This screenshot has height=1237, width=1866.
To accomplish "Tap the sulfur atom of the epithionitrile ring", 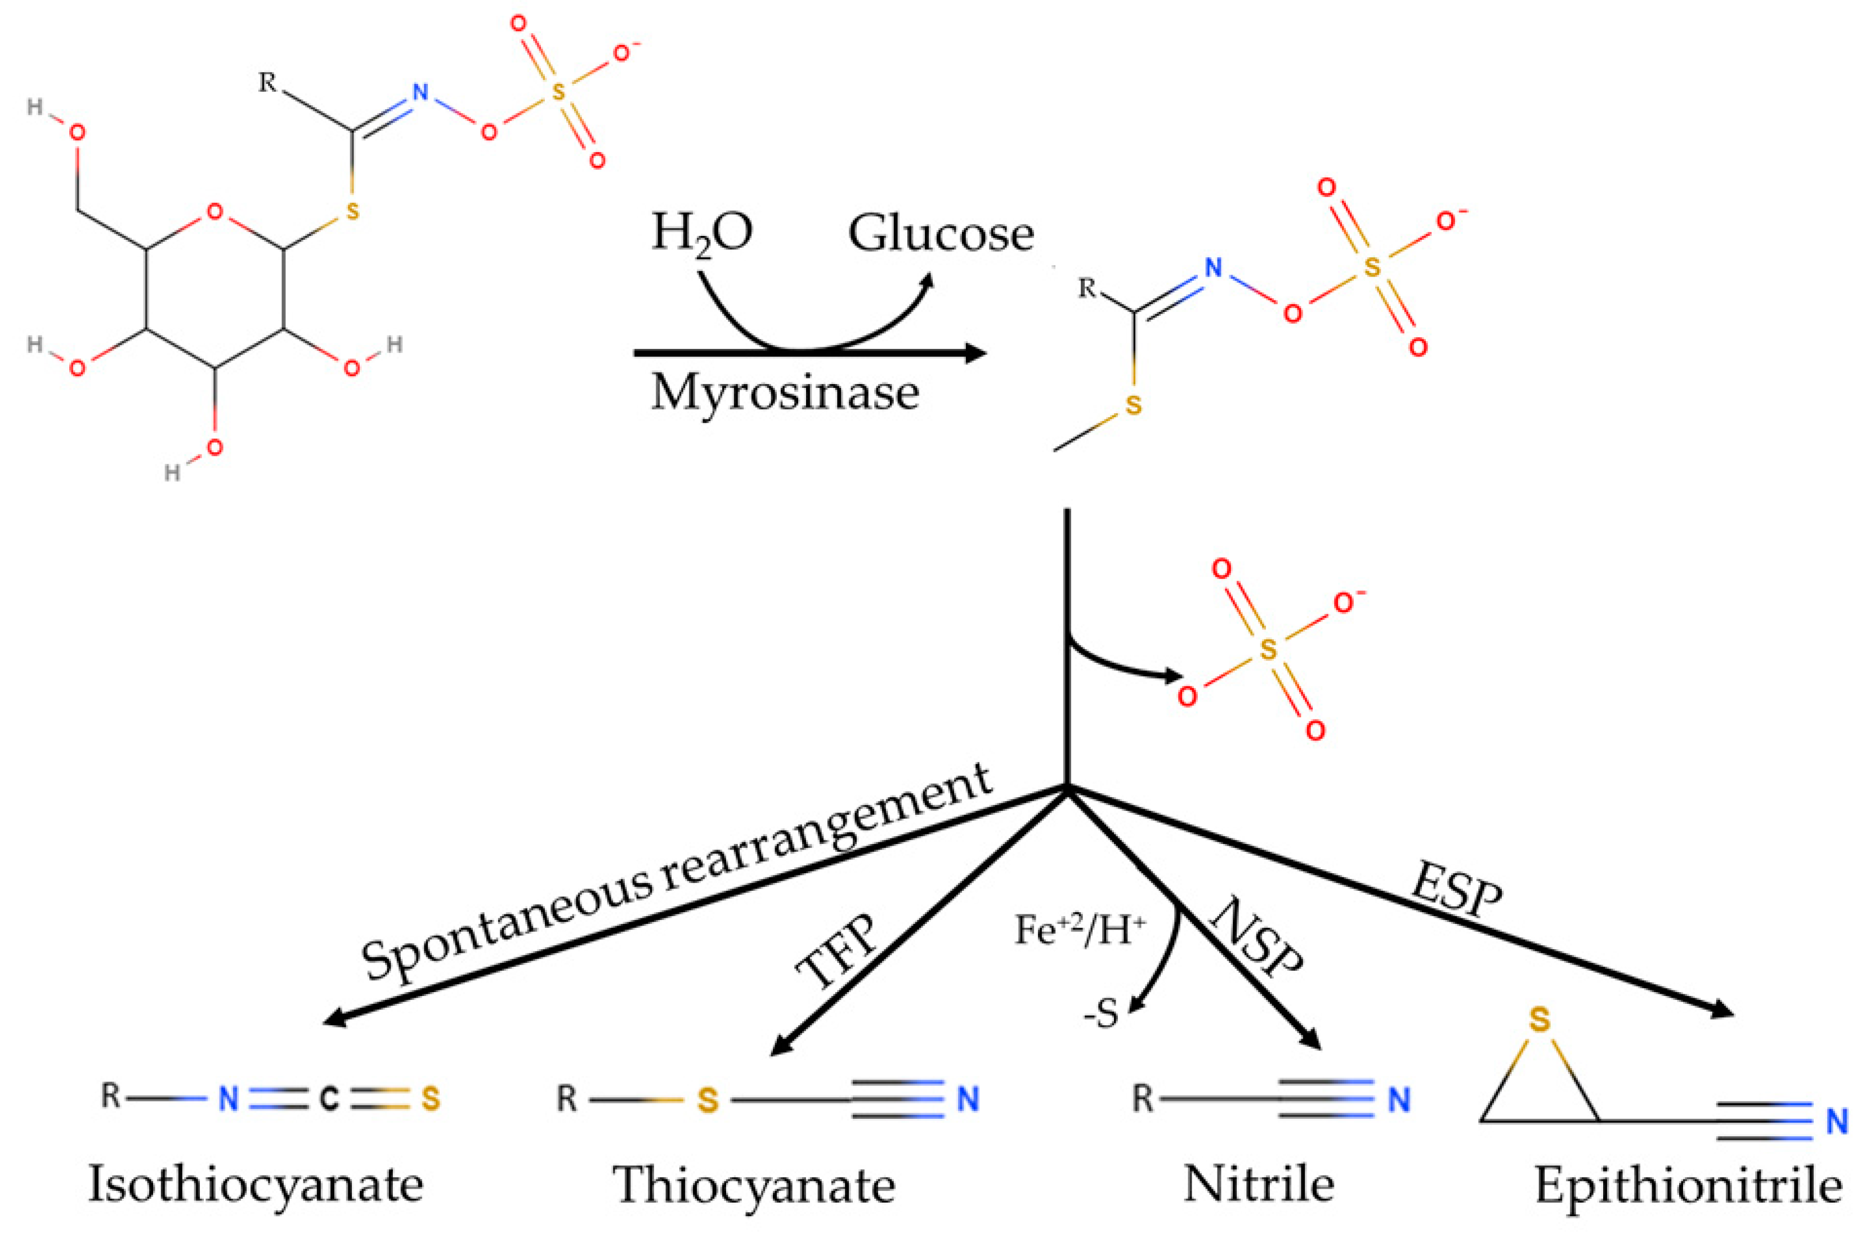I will pyautogui.click(x=1539, y=1020).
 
